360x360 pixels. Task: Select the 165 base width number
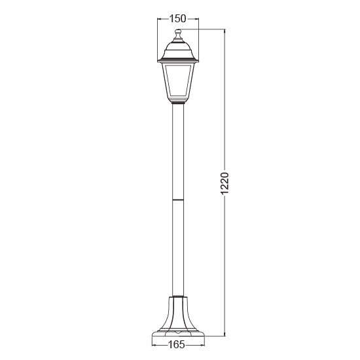pos(175,344)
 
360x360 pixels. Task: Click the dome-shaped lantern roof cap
pos(177,48)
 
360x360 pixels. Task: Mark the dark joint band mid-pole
pos(177,198)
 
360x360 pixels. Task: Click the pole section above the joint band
pos(177,151)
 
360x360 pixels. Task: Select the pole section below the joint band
pos(177,249)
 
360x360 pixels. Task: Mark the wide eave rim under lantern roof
pos(177,61)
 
